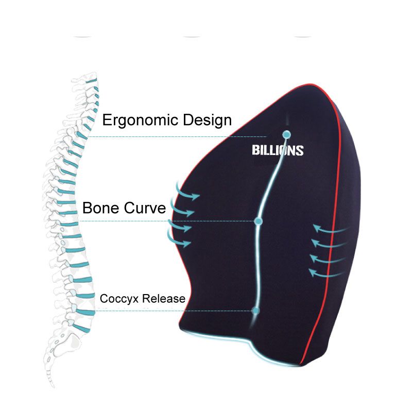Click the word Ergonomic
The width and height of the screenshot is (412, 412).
[x=141, y=121]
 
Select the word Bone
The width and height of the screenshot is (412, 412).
[x=101, y=208]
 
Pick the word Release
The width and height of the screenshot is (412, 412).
[x=163, y=299]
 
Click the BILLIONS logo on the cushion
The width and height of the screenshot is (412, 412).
[x=278, y=150]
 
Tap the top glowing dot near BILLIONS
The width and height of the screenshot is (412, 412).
[x=286, y=135]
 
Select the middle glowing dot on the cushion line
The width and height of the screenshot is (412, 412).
[x=259, y=221]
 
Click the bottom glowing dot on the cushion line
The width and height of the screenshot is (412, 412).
[x=256, y=311]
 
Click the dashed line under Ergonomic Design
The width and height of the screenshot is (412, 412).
[x=175, y=136]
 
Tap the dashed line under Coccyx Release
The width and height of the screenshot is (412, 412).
[x=170, y=311]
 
